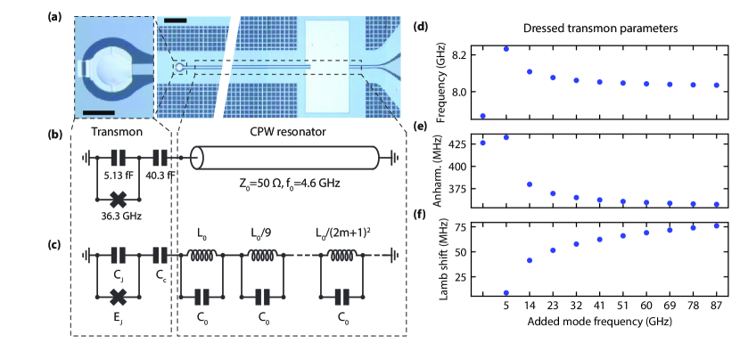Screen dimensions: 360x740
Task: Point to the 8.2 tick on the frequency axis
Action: coord(462,55)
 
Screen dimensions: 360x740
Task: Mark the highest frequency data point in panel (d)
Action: coord(506,49)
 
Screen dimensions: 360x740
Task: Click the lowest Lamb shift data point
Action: coord(506,292)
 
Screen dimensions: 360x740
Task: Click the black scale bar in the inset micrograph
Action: coord(101,111)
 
